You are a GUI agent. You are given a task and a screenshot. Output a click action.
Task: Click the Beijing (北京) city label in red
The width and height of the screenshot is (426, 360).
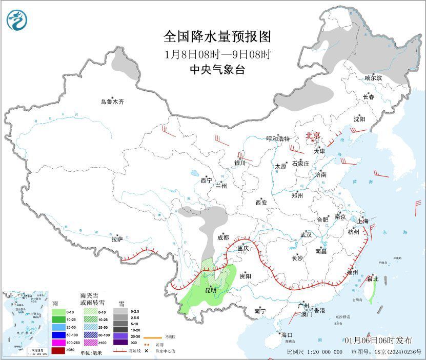point(313,136)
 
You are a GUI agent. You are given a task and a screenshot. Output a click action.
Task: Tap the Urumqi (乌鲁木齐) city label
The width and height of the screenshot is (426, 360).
point(112,102)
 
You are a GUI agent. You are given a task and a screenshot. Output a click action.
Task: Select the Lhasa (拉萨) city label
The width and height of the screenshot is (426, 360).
point(117,239)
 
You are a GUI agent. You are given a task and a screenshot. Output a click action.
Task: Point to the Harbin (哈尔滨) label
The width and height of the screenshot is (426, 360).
point(373,78)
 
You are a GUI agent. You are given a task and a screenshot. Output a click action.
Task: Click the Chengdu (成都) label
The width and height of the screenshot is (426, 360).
point(223,237)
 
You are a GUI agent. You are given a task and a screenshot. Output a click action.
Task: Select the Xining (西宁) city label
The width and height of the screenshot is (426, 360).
point(206,181)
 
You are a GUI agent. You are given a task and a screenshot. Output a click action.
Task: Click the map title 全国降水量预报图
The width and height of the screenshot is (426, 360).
point(217,37)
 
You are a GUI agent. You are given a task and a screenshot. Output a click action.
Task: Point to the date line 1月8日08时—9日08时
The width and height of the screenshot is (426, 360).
point(217,54)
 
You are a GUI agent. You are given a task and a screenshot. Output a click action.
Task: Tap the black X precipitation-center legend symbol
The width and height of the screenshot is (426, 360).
point(146,351)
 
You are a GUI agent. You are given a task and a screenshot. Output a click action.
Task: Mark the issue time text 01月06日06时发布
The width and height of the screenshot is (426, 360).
point(378,341)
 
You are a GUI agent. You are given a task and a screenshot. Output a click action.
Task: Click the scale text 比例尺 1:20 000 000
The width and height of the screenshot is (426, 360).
point(315,352)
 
